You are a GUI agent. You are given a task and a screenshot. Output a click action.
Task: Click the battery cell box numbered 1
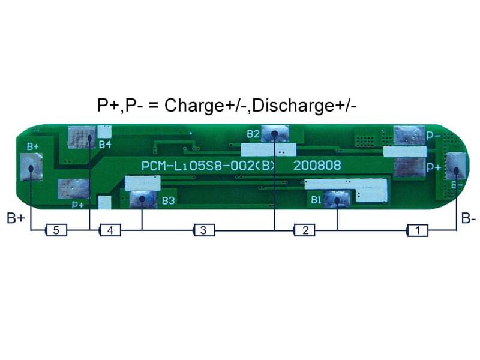tap(418, 230)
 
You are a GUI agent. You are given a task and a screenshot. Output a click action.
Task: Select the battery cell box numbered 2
tap(305, 230)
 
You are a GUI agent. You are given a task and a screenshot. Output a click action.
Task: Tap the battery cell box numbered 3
tap(203, 230)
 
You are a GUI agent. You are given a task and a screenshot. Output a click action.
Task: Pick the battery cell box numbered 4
tap(110, 230)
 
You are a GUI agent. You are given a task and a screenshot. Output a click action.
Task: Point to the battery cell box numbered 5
tap(56, 230)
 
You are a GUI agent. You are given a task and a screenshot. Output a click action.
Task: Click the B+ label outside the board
tap(16, 218)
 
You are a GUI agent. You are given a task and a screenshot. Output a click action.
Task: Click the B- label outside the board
tap(469, 219)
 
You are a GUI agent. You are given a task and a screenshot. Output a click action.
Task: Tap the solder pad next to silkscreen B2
tap(274, 134)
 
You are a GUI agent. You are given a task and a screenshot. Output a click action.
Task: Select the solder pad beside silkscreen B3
tap(142, 199)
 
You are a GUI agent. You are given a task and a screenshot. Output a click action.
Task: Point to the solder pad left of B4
tap(82, 137)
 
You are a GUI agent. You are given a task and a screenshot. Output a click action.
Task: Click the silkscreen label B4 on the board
tap(105, 145)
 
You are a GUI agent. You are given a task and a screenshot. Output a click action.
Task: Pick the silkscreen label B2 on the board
tap(253, 133)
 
